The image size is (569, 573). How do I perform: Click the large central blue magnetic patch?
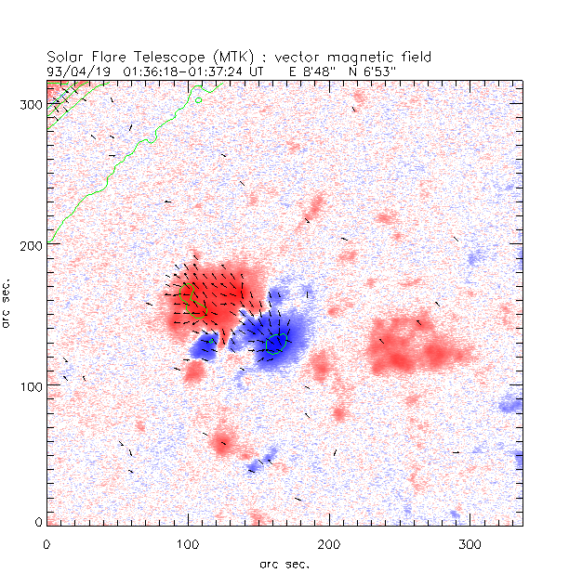tap(270, 336)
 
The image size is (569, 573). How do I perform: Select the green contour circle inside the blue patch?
tap(277, 344)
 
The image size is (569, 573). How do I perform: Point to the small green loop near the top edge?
tap(199, 98)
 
